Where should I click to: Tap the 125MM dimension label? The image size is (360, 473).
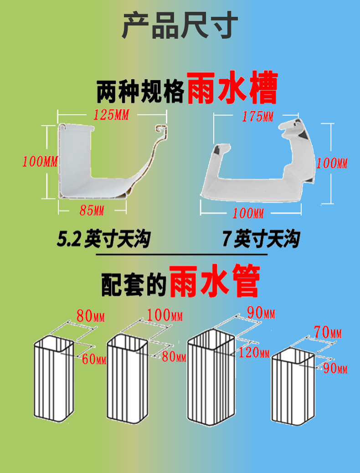111,115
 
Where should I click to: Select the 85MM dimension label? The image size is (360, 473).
92,211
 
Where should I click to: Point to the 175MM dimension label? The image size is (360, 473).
257,117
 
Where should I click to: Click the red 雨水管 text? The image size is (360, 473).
214,281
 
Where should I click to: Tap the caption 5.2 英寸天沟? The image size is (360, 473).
104,239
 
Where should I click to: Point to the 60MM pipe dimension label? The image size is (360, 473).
94,359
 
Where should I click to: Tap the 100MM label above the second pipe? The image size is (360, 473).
165,315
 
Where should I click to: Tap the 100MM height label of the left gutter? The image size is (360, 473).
40,161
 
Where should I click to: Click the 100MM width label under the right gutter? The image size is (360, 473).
248,213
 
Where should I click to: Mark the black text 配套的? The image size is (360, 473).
132,283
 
